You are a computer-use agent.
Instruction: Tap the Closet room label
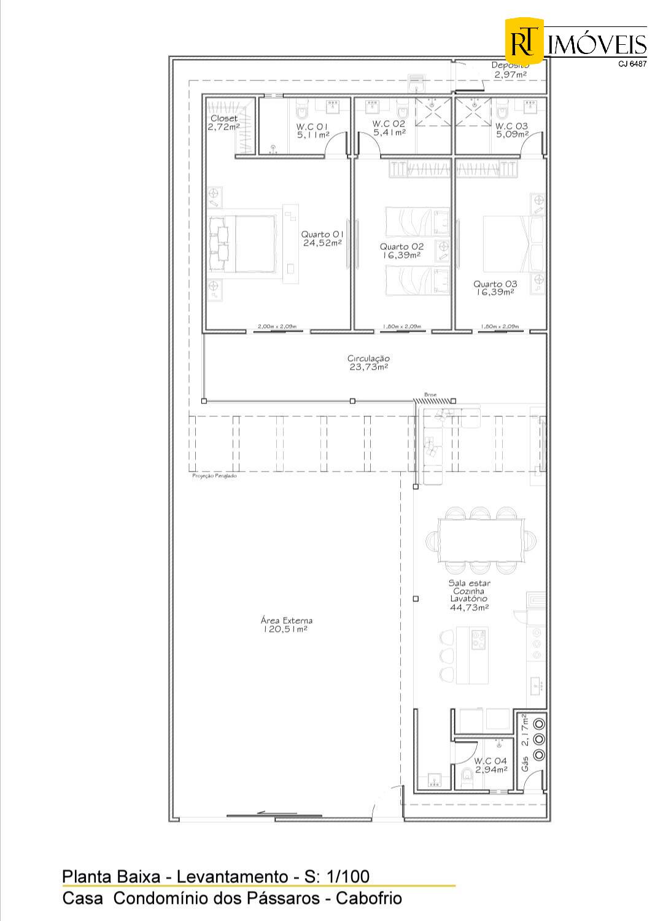coord(223,119)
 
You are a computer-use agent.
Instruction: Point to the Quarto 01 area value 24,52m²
coord(322,243)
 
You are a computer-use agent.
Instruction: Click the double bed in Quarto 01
coord(242,244)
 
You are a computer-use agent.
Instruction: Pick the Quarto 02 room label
coord(401,246)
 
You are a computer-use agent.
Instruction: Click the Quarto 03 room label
coord(495,284)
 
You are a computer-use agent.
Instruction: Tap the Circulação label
coord(368,359)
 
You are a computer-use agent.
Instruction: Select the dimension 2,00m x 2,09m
coord(277,326)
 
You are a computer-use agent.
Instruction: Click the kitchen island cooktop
coord(478,640)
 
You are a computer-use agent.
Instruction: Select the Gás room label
coord(525,764)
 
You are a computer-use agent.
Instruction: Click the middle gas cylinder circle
coord(539,739)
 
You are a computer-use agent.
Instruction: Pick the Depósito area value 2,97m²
coord(510,75)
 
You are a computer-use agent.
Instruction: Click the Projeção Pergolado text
coord(214,476)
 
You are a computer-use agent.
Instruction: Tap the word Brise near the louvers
coord(429,395)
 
